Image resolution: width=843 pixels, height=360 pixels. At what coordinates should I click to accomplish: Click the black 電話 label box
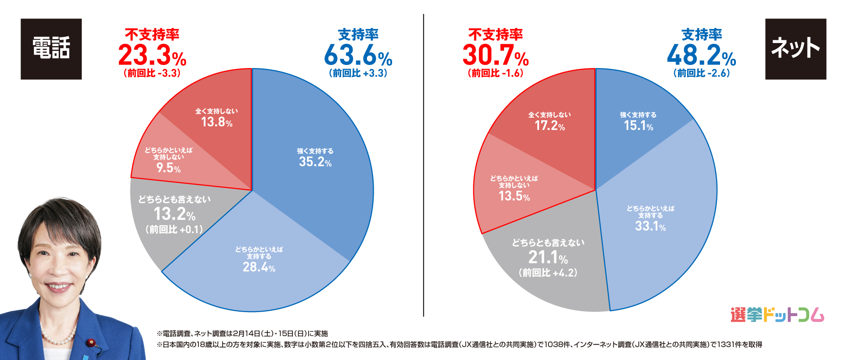point(51,49)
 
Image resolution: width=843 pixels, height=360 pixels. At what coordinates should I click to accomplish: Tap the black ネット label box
point(795,49)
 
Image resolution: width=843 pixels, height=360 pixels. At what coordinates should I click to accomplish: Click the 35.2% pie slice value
point(315,162)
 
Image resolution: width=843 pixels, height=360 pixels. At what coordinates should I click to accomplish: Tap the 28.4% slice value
point(259,266)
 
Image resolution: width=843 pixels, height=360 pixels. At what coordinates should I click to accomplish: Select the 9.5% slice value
point(168,167)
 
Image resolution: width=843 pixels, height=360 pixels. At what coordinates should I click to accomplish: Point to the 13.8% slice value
point(216,122)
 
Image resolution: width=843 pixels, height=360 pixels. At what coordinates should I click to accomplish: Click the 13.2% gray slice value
point(174,214)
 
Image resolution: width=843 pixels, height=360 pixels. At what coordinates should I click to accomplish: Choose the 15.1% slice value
point(638,126)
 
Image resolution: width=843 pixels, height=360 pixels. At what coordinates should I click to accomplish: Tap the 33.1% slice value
point(650,226)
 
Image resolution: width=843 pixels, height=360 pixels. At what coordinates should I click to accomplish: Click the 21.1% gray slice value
point(548,257)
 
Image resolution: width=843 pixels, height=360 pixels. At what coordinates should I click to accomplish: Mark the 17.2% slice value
point(549,126)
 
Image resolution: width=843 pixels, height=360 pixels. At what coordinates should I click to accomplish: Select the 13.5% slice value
point(514,196)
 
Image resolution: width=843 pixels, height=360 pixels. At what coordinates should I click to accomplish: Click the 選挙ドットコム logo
point(777,314)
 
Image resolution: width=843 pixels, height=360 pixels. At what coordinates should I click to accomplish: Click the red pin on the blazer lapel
point(91,342)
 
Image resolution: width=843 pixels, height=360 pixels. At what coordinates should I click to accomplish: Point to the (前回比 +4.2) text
point(548,273)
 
